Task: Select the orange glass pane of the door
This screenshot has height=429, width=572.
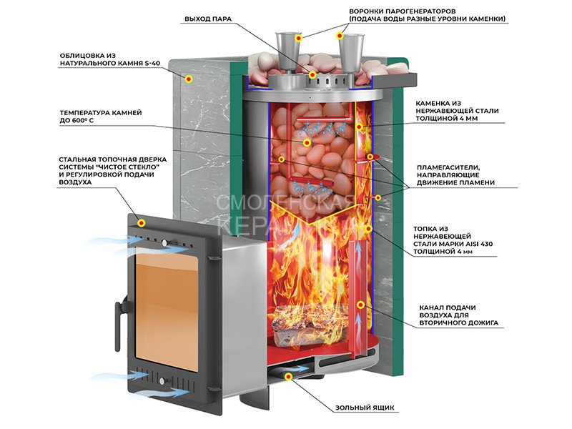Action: [x=166, y=307]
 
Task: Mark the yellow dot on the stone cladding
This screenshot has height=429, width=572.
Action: [x=189, y=79]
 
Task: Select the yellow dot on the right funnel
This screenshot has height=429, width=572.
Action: [x=341, y=35]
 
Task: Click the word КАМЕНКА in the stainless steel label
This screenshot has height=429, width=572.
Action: [x=435, y=102]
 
